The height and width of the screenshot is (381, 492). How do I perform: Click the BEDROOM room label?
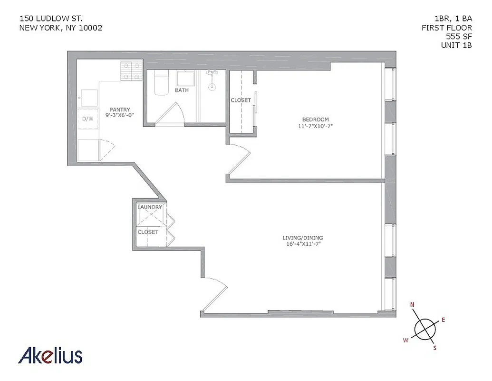click(x=315, y=119)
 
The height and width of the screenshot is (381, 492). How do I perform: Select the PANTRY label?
click(x=120, y=109)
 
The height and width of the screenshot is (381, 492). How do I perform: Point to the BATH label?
click(x=182, y=90)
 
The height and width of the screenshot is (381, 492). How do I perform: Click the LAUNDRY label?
click(x=150, y=207)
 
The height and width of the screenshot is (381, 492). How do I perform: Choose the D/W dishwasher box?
click(x=88, y=119)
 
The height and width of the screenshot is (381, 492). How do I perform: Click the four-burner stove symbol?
click(x=132, y=70)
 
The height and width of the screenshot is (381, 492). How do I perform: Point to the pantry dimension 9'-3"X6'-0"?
click(x=120, y=115)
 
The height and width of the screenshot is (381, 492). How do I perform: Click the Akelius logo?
click(x=50, y=355)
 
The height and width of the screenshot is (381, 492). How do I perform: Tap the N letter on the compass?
click(x=413, y=304)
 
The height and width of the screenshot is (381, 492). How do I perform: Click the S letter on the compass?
click(x=434, y=348)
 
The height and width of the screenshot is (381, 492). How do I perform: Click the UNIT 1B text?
click(x=456, y=45)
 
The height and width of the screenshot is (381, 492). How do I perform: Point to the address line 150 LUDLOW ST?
click(x=51, y=19)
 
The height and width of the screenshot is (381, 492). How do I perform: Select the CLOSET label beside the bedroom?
click(x=241, y=100)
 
